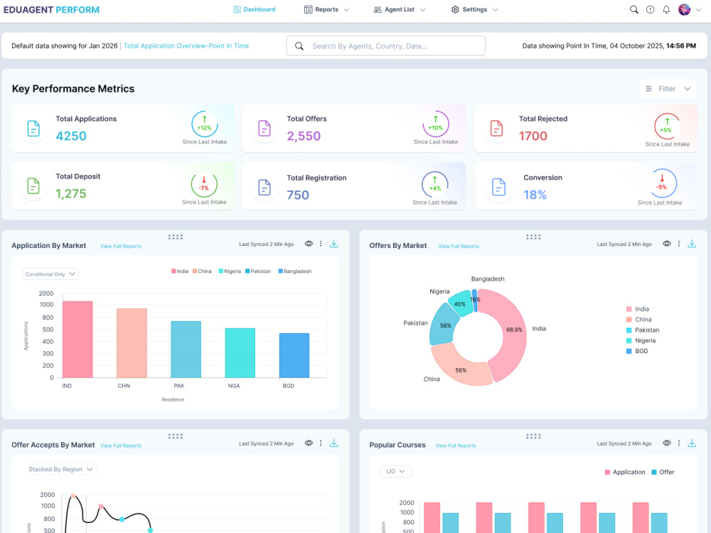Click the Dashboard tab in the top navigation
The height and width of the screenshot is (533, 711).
click(x=254, y=9)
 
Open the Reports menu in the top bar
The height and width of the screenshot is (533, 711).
click(x=326, y=9)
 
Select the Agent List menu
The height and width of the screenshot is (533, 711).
click(x=400, y=9)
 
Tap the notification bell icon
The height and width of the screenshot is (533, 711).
click(x=666, y=9)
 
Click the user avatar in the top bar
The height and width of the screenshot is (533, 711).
click(x=684, y=9)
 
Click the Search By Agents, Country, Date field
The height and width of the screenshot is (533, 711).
click(x=386, y=45)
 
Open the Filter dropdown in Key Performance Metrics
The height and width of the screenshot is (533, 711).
click(x=668, y=89)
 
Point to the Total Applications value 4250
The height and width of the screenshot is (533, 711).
click(x=71, y=136)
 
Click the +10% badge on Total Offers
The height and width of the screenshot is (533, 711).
click(x=435, y=124)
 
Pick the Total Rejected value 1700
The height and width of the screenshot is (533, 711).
click(x=533, y=136)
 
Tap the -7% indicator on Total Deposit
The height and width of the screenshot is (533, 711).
click(x=204, y=185)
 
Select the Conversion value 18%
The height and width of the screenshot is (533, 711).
click(x=535, y=195)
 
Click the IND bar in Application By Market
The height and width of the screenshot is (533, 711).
click(x=77, y=340)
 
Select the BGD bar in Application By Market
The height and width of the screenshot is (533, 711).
click(x=294, y=355)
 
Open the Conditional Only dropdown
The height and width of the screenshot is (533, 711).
click(x=50, y=274)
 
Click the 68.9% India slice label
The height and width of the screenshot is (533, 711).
click(x=514, y=330)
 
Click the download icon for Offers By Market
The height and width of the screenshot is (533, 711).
click(x=692, y=244)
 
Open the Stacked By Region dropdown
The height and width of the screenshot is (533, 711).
click(x=60, y=470)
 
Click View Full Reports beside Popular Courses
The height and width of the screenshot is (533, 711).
click(x=456, y=446)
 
